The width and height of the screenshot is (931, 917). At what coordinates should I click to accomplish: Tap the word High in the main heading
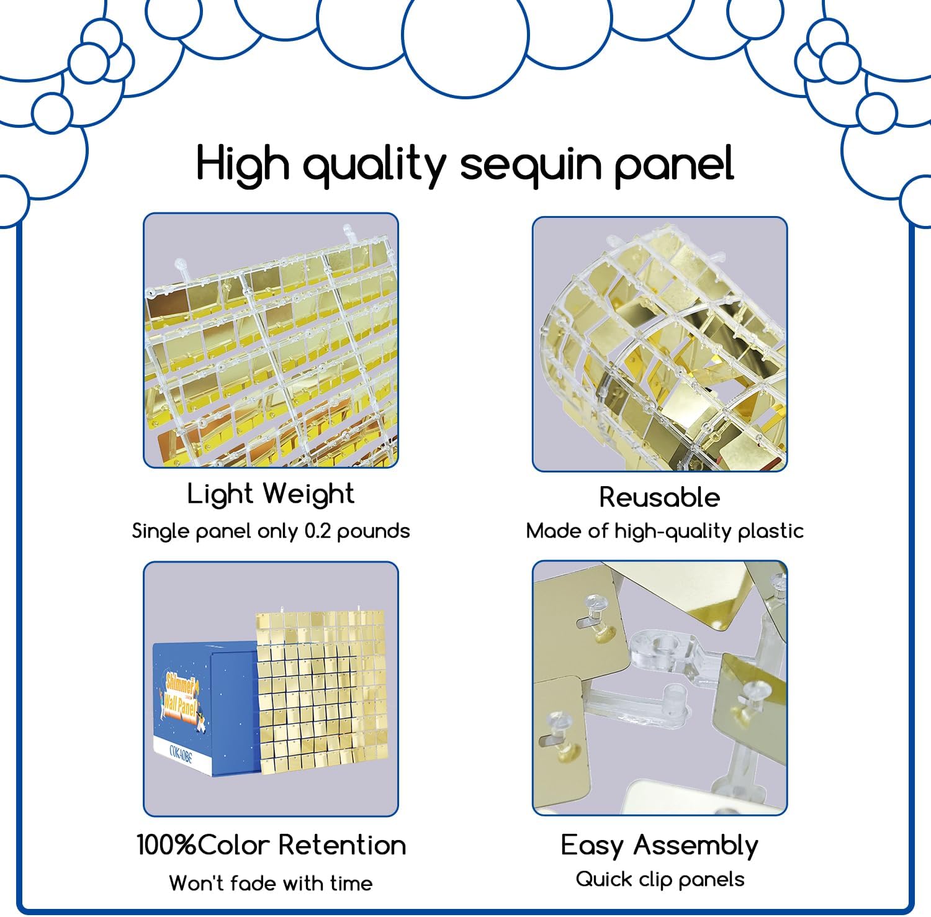point(243,164)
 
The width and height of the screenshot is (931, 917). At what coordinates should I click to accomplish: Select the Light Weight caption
point(271,494)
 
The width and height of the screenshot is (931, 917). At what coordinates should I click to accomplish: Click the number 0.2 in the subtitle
point(318,531)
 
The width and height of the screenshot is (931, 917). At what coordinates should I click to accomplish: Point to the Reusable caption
point(659,497)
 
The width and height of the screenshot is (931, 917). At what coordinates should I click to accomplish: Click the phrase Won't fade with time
point(271,883)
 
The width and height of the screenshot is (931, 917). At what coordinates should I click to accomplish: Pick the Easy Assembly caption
point(659,846)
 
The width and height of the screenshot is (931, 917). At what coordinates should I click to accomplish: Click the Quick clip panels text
point(659,879)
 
